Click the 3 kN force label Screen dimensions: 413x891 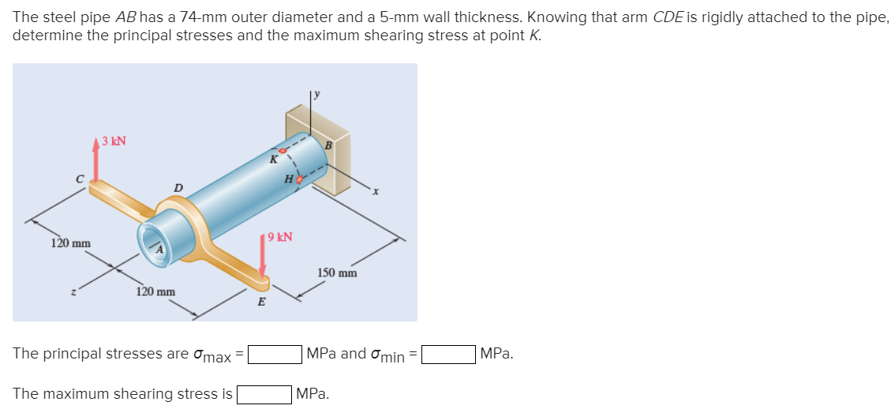point(114,142)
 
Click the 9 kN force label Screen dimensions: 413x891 point(279,236)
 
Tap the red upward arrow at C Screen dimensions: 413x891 point(96,162)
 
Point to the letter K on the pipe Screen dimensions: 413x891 point(273,159)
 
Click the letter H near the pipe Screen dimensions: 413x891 point(290,179)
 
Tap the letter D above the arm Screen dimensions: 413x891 point(178,187)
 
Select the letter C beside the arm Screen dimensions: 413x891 point(79,178)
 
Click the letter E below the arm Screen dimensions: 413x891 point(261,302)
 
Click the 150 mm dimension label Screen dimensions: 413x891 point(337,273)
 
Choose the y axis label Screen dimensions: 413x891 point(316,94)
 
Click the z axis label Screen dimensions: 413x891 point(73,292)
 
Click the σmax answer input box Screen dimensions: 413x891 point(275,355)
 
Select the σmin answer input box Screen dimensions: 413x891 point(448,355)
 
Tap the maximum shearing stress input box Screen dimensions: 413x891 point(264,393)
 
